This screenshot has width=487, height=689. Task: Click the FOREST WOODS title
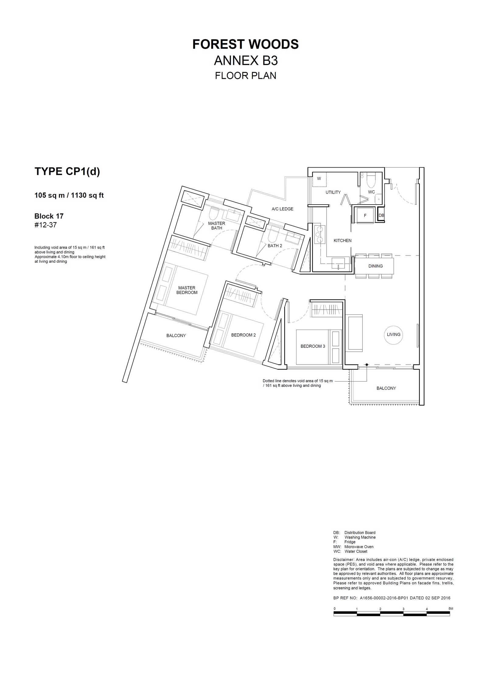pos(245,44)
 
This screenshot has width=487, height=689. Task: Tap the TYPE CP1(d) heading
pos(67,171)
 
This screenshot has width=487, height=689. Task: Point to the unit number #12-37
pos(46,225)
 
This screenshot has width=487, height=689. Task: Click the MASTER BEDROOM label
pos(187,290)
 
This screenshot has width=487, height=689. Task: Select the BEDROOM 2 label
pos(243,335)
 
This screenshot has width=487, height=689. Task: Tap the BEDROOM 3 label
pos(313,346)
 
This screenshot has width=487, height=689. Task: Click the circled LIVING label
pos(394,334)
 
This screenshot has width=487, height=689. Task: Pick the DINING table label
pos(376,266)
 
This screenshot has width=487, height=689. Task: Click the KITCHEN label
pos(342,241)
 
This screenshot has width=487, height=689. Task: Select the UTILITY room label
pos(333,192)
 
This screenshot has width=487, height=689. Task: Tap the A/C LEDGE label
pos(282,209)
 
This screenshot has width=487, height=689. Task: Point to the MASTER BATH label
pos(217,226)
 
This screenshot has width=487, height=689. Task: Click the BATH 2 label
pos(275,246)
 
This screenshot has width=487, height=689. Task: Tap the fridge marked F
pos(365,215)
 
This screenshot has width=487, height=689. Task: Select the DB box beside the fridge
pos(381,215)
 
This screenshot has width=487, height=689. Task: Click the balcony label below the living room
pos(386,388)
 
